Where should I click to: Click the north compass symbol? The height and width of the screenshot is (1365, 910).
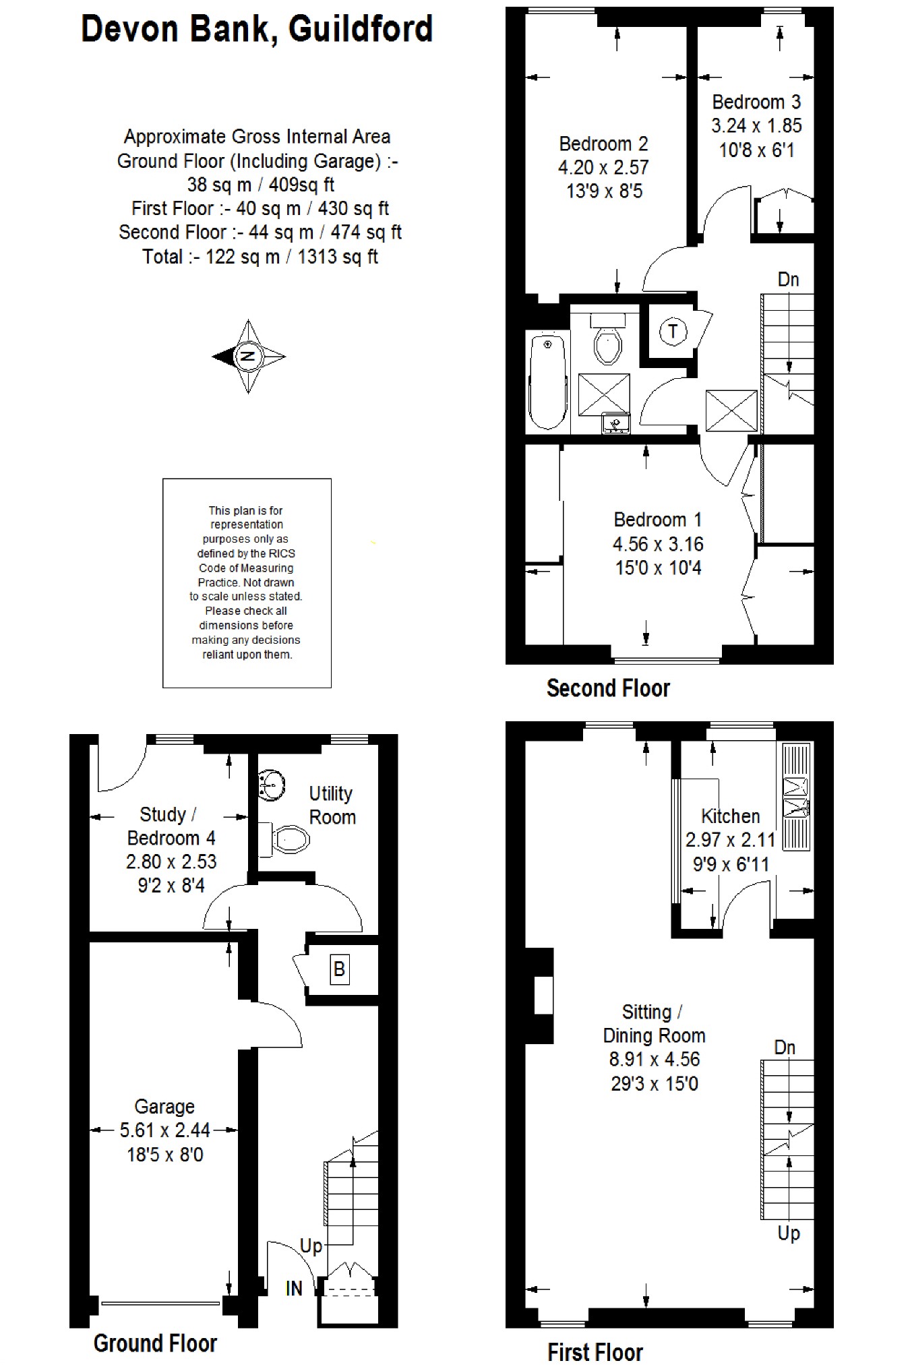[x=249, y=357]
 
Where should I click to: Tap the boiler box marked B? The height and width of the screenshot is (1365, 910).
[x=339, y=969]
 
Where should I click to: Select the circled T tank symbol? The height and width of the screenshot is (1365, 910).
[x=673, y=332]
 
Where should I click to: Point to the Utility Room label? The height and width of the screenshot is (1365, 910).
[x=332, y=805]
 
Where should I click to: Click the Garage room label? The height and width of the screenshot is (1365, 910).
[x=164, y=1106]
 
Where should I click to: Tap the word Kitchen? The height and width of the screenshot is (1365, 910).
[x=731, y=816]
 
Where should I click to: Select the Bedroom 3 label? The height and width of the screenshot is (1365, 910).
[x=756, y=102]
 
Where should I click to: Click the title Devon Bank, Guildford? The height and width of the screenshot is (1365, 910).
[x=257, y=29]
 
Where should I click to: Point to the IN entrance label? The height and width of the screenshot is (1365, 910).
[x=294, y=1288]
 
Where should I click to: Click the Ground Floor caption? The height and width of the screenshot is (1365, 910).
[x=155, y=1343]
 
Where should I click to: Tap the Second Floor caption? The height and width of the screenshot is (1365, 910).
[x=608, y=688]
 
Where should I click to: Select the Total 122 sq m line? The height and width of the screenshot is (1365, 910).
[x=260, y=256]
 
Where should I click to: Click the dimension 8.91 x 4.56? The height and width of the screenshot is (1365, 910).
[x=655, y=1059]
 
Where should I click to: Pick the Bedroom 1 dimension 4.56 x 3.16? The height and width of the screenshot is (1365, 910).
[x=658, y=543]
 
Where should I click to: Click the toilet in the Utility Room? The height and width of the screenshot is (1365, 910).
[x=284, y=839]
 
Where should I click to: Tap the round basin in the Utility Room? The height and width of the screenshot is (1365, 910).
[x=271, y=785]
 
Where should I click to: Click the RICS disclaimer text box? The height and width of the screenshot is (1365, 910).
[x=247, y=583]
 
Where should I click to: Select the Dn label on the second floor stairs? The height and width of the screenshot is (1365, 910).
[x=788, y=279]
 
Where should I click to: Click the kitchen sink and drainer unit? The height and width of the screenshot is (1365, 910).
[x=796, y=795]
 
